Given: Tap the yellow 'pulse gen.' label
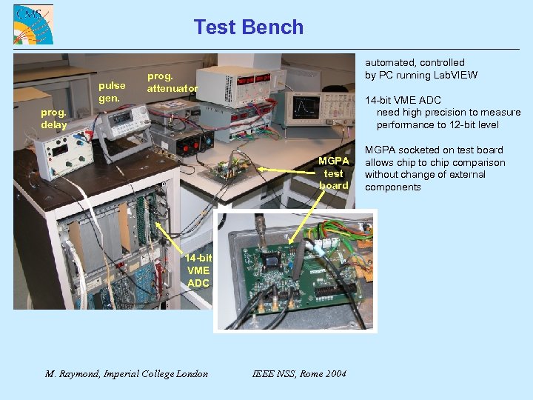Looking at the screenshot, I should pos(112,92).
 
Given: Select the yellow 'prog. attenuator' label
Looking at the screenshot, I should pos(172,82).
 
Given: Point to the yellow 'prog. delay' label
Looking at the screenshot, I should pos(53,119).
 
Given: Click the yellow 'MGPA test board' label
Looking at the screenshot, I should pos(333,173).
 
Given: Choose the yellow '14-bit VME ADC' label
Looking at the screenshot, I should pos(198,270).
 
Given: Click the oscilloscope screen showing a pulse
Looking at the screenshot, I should pos(305,109).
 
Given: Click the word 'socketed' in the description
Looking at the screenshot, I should pos(420,150).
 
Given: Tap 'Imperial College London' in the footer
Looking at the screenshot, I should pos(158,373).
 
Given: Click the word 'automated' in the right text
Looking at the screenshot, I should pos(390,63).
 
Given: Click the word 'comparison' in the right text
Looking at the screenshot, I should pos(480,162).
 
